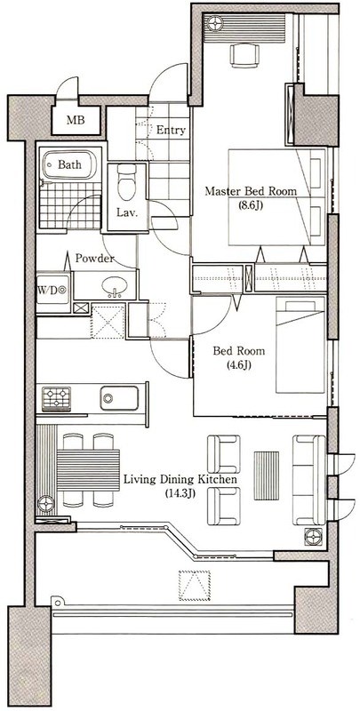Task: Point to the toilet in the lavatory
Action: pyautogui.click(x=126, y=180)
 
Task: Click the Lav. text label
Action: pyautogui.click(x=126, y=212)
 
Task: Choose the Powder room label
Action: pyautogui.click(x=93, y=259)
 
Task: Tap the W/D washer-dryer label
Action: pyautogui.click(x=51, y=288)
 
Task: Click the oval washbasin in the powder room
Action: pyautogui.click(x=115, y=287)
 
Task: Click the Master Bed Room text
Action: pyautogui.click(x=251, y=191)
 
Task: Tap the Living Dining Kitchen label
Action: pyautogui.click(x=180, y=480)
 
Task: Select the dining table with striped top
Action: pyautogui.click(x=89, y=468)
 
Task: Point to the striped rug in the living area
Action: pyautogui.click(x=266, y=477)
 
